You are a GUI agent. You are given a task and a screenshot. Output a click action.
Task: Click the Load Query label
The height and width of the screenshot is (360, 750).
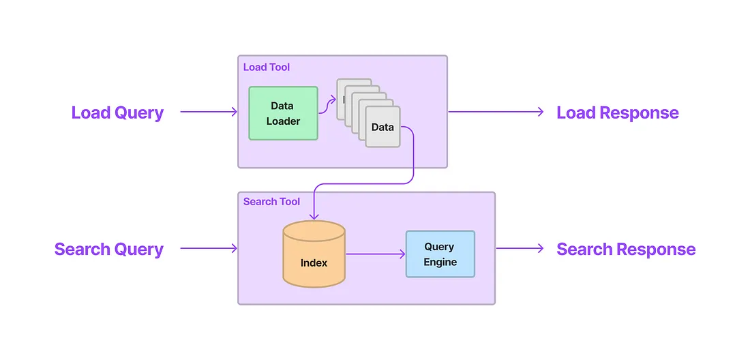(117, 112)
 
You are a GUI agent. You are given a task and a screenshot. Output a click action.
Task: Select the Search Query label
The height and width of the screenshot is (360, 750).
(109, 249)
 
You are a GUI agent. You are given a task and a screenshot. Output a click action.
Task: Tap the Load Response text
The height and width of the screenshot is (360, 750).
(617, 112)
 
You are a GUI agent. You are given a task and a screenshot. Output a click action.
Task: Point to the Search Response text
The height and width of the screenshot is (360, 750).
(626, 249)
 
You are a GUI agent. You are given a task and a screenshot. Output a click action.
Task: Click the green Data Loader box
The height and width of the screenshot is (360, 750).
(283, 113)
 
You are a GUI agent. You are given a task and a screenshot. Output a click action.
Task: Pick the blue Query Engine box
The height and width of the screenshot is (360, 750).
(440, 254)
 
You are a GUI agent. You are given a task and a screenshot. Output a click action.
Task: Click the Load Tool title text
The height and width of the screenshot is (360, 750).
(267, 67)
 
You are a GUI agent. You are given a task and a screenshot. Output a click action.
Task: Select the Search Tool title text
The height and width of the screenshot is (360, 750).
(271, 202)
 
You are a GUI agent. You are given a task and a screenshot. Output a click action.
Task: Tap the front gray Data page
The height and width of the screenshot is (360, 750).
(382, 127)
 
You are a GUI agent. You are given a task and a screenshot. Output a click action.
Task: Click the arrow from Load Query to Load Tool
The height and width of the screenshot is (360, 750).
(208, 112)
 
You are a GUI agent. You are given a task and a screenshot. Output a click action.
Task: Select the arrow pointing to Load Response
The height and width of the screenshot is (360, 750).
(496, 112)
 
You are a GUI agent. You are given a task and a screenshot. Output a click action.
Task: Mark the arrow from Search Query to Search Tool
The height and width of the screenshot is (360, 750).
(208, 249)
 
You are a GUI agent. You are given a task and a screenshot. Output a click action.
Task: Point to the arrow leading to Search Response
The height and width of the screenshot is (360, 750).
(520, 249)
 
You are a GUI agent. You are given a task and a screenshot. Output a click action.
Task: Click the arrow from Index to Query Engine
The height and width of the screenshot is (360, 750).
(375, 254)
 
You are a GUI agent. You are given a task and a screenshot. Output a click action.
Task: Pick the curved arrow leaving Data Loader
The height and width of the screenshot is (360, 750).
(327, 104)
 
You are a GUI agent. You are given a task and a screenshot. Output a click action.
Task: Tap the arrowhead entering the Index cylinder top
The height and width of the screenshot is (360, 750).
(314, 215)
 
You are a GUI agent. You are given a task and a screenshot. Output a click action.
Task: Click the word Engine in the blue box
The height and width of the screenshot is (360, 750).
(440, 262)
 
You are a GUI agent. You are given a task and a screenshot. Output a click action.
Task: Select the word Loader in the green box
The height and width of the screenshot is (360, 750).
(283, 121)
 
